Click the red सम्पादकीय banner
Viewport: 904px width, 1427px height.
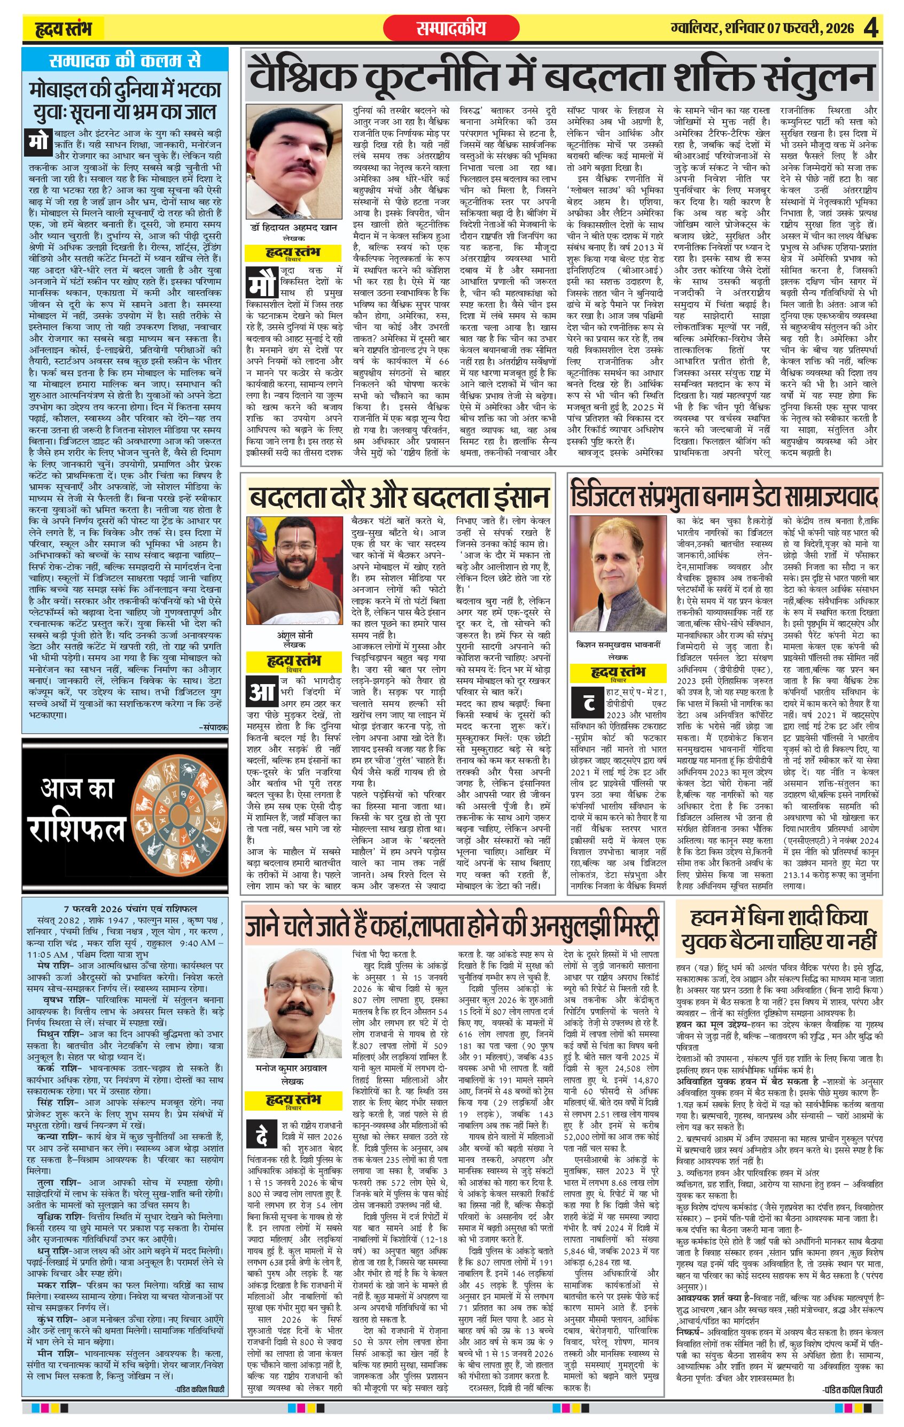pos(451,28)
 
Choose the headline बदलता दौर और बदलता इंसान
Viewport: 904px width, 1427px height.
pos(398,496)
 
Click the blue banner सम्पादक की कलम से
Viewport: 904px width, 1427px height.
pos(125,60)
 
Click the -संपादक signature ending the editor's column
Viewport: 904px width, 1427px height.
pos(212,726)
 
